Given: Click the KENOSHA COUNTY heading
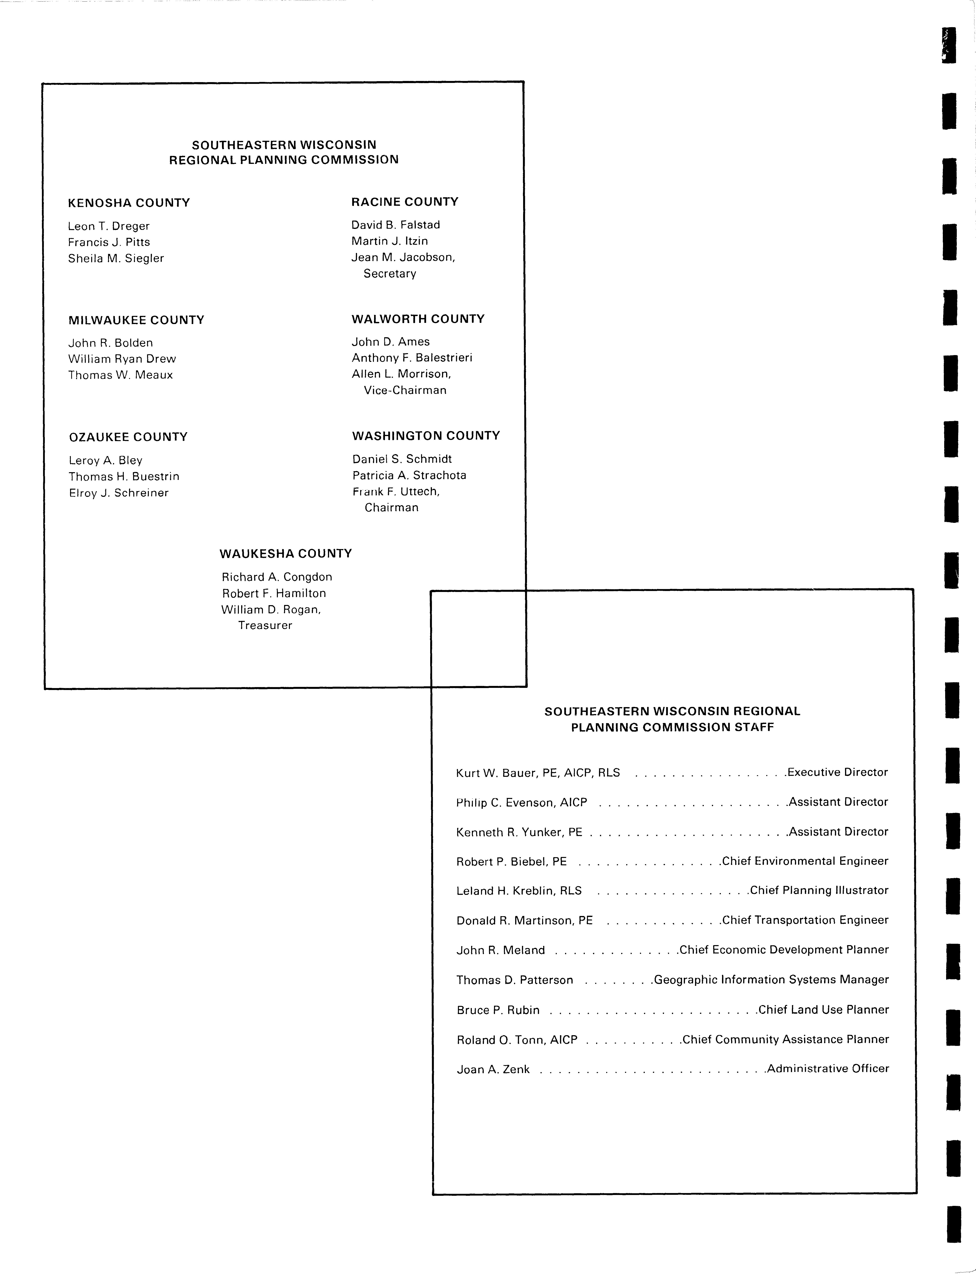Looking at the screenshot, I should click(x=129, y=203).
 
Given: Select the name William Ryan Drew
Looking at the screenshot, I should click(x=122, y=359).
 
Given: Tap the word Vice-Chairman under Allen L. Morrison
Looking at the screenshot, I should click(x=405, y=390).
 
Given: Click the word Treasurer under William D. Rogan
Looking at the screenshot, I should click(x=265, y=625).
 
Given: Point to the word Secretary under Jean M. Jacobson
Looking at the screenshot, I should click(x=390, y=273).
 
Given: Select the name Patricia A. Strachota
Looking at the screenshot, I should click(x=409, y=475).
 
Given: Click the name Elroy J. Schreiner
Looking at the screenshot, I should click(x=119, y=493).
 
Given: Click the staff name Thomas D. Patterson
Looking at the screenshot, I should click(x=515, y=980).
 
